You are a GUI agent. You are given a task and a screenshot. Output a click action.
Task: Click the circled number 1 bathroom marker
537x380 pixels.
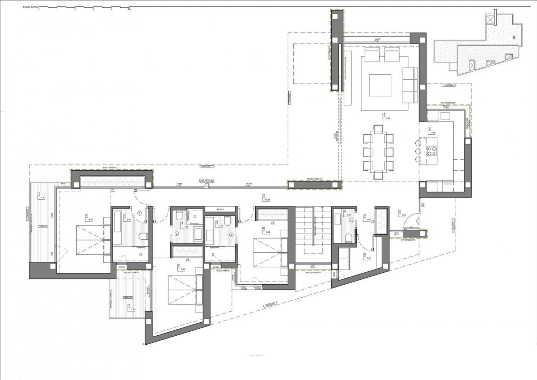pos(140,213)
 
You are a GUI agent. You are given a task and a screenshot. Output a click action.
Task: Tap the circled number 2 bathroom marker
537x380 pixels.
pos(177,233)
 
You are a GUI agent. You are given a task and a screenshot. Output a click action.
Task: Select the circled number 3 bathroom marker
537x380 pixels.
pos(231,234)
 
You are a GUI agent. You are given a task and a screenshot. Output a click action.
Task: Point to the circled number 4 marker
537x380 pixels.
pos(351,220)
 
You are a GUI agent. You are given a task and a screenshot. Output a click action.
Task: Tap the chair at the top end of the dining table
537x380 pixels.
pos(378,129)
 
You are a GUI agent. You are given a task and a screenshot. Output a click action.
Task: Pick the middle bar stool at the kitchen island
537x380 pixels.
pos(418,151)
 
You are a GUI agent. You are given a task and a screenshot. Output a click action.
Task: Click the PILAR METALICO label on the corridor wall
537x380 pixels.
pos(206,181)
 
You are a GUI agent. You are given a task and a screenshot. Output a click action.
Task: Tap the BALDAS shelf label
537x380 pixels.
pos(221,208)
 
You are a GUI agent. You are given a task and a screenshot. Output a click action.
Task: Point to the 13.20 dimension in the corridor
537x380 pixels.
pos(267,199)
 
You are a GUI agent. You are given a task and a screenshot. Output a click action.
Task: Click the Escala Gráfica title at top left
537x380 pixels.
pos(31,7)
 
